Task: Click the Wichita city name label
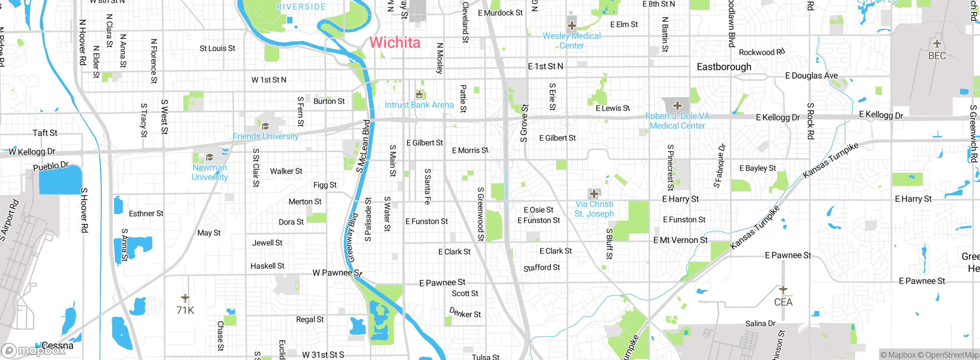click(395, 43)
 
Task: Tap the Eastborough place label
click(724, 67)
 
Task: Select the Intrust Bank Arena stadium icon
click(419, 94)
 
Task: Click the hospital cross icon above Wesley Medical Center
click(572, 26)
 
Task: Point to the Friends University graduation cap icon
click(265, 126)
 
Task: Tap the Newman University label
click(210, 172)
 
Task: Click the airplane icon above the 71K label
click(185, 298)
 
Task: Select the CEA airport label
click(783, 302)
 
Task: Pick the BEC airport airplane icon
click(937, 43)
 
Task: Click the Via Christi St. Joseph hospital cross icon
click(594, 193)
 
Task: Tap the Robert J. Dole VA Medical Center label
click(677, 121)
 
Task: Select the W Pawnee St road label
click(337, 273)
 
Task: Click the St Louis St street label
click(217, 48)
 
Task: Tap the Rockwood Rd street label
click(761, 52)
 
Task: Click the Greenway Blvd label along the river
click(352, 237)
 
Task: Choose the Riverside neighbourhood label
click(301, 7)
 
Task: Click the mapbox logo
click(34, 350)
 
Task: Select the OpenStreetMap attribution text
click(948, 355)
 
